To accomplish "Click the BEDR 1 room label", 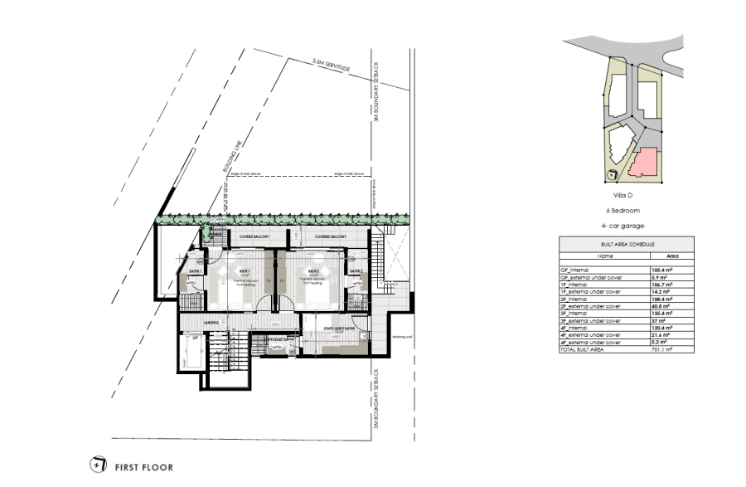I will click(x=245, y=270).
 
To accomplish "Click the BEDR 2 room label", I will click(x=313, y=270).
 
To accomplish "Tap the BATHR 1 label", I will click(x=196, y=271).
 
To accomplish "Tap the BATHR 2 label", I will click(x=356, y=271).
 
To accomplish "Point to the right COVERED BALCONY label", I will click(x=329, y=236).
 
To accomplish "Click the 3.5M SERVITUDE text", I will click(x=328, y=63).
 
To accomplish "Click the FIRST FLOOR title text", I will click(x=144, y=467).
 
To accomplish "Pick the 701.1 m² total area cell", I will click(x=657, y=349).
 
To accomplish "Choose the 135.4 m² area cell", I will click(x=658, y=314).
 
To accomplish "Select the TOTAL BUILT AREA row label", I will click(x=585, y=349).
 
